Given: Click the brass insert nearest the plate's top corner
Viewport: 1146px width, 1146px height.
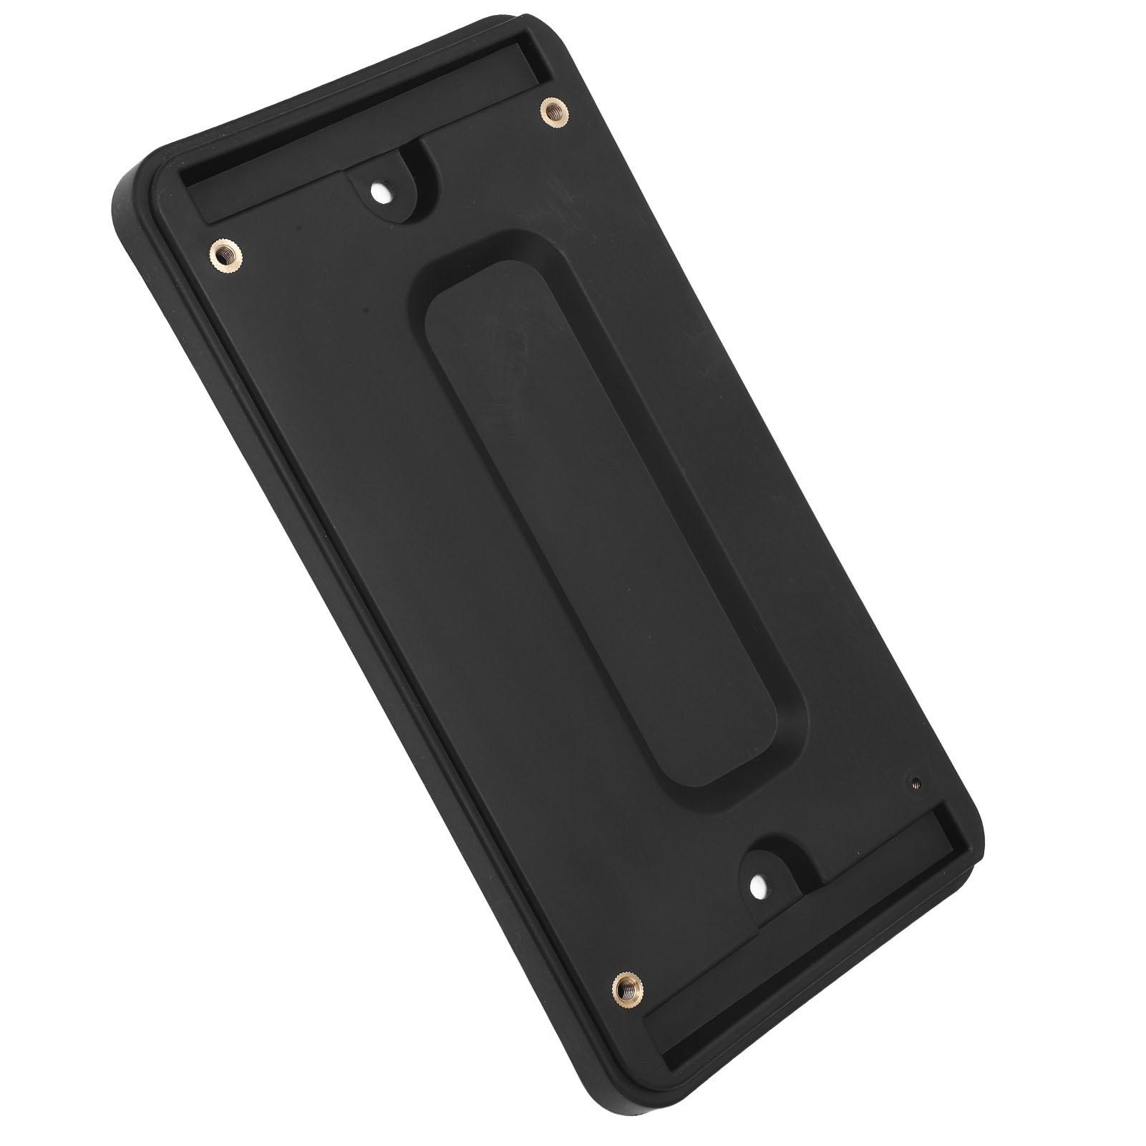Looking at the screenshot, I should point(551,110).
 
